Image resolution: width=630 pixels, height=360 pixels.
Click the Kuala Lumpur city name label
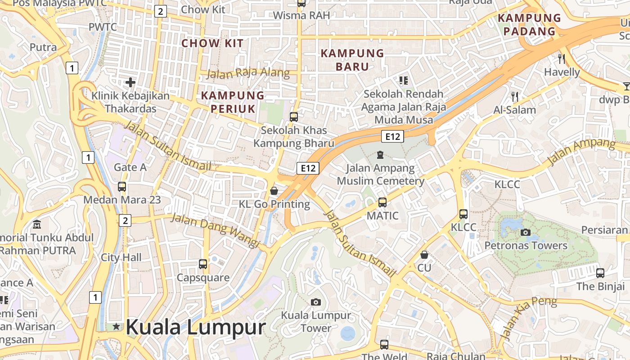(x=196, y=328)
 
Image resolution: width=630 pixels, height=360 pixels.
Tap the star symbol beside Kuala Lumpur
(x=117, y=327)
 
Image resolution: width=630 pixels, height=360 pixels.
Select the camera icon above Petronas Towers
(x=525, y=232)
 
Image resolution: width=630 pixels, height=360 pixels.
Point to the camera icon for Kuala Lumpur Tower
(x=316, y=302)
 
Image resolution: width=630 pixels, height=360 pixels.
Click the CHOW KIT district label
(x=212, y=44)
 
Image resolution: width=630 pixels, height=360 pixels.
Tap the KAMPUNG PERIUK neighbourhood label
(x=233, y=102)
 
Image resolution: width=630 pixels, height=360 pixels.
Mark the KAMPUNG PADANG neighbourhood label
(x=530, y=25)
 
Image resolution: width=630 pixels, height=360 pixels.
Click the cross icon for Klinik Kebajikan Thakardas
(x=130, y=82)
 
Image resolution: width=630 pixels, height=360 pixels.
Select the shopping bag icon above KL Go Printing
(x=274, y=191)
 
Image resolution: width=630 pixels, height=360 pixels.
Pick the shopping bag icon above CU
(x=424, y=255)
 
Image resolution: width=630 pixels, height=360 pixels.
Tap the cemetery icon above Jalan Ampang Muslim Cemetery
(x=380, y=155)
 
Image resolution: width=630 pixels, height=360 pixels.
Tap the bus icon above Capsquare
(x=203, y=264)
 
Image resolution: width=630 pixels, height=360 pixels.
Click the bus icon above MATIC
(x=382, y=202)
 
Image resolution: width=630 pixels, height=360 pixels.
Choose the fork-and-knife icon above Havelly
(x=561, y=58)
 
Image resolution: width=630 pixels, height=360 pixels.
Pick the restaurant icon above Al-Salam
(x=515, y=96)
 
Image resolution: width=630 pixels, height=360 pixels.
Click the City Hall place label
(x=121, y=257)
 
